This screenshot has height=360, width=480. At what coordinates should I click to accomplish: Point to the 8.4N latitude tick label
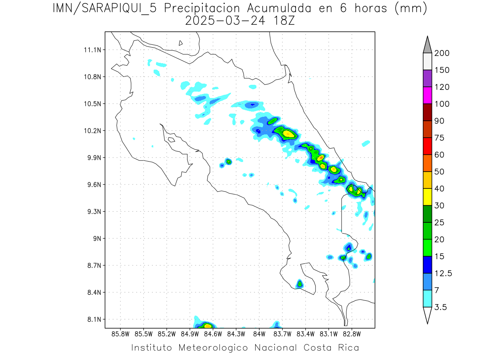click(92, 292)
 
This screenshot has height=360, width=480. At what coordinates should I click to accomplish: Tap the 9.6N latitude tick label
click(92, 185)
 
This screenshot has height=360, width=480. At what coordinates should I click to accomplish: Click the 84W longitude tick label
click(259, 333)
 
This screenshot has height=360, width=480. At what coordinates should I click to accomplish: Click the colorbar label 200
click(442, 53)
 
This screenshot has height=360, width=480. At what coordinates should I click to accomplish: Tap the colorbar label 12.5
click(443, 273)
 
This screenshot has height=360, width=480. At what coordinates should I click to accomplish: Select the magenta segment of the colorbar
click(427, 95)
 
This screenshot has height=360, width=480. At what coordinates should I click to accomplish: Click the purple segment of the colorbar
click(427, 78)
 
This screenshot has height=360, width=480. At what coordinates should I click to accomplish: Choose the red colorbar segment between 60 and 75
click(427, 146)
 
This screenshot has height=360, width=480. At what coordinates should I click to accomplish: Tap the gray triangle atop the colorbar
click(427, 45)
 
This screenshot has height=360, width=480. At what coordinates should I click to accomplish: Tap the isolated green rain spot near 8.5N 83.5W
click(300, 284)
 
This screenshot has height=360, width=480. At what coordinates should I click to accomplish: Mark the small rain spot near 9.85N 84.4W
click(228, 162)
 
